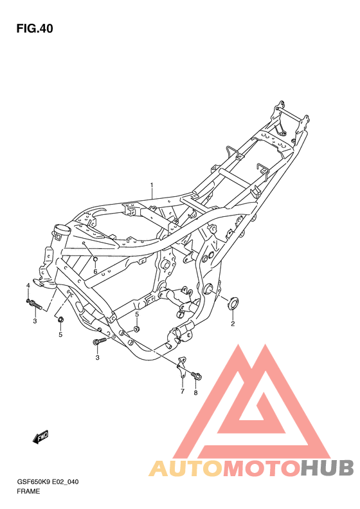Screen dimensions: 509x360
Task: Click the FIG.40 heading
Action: click(35, 28)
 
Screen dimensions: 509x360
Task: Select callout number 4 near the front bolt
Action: click(28, 285)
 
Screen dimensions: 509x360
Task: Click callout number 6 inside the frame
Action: click(94, 272)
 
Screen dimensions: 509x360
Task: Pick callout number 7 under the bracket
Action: click(182, 391)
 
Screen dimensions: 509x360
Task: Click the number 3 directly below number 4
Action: click(35, 320)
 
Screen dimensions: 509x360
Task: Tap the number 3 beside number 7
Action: click(98, 358)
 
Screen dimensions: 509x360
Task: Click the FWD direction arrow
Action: click(42, 438)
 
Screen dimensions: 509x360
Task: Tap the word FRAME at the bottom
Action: click(29, 491)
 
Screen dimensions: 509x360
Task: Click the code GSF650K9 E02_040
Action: click(48, 481)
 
